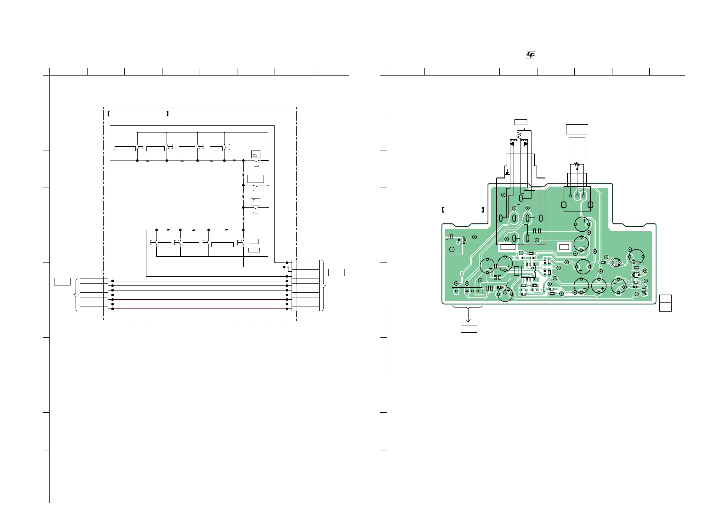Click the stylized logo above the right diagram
[530, 55]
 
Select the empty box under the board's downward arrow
[469, 329]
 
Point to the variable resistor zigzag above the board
[577, 164]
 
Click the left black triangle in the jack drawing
[512, 144]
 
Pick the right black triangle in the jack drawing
[526, 144]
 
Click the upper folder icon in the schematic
[256, 155]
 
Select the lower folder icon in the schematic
[255, 202]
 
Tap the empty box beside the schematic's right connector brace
[336, 272]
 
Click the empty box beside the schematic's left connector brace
[62, 282]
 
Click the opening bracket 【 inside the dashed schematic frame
[109, 114]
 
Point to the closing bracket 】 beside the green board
[483, 210]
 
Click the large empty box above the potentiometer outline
[577, 129]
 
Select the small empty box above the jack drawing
[520, 122]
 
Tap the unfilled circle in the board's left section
[452, 250]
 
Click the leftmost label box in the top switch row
[125, 149]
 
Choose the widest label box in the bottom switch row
[222, 245]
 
